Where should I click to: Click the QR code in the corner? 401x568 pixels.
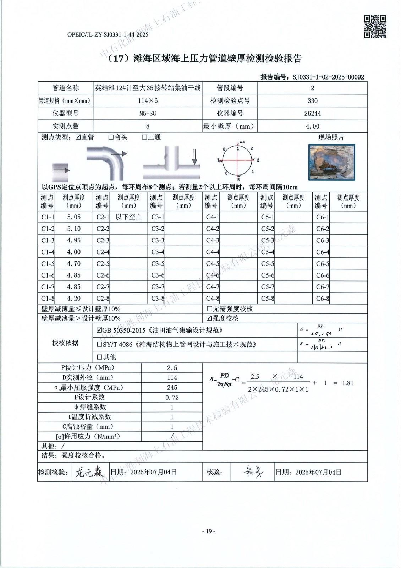point(375,27)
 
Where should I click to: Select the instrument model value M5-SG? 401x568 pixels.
point(148,114)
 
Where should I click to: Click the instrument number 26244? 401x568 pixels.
point(312,114)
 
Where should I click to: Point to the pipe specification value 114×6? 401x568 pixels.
point(148,101)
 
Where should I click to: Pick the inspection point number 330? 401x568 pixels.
point(312,101)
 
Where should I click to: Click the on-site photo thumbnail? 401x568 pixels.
point(332,162)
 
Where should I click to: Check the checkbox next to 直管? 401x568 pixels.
point(78,137)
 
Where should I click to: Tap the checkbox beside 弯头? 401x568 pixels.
point(111,137)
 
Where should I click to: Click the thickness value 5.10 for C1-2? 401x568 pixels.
point(74,229)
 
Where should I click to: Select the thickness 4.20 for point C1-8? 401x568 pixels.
point(74,299)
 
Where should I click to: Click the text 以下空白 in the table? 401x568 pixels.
point(129,217)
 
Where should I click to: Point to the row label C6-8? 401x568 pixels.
point(322,299)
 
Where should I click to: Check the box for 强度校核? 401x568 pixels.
point(209,318)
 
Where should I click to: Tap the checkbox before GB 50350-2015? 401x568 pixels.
point(99,331)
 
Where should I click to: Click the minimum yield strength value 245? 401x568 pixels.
point(172,388)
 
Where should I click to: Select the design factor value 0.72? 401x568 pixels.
point(172,398)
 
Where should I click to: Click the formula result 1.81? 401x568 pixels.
point(347,383)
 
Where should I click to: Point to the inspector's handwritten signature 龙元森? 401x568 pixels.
point(88,473)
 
